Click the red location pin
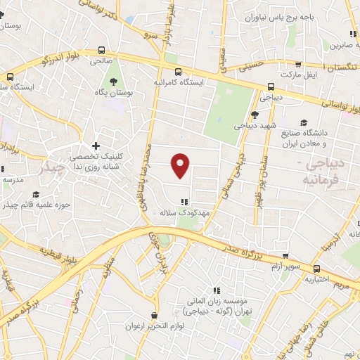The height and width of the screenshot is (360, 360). pyautogui.click(x=181, y=165)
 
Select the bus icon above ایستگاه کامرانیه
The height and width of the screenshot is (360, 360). pyautogui.click(x=178, y=71)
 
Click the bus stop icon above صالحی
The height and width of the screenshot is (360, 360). pyautogui.click(x=103, y=51)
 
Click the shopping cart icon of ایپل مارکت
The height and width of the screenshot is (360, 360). pyautogui.click(x=300, y=65)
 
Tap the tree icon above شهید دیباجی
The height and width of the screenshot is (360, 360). pyautogui.click(x=255, y=114)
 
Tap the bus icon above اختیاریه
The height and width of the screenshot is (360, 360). pyautogui.click(x=316, y=268)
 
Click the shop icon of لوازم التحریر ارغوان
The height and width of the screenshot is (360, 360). pyautogui.click(x=154, y=316)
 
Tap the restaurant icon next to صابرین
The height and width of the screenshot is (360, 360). pyautogui.click(x=350, y=33)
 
